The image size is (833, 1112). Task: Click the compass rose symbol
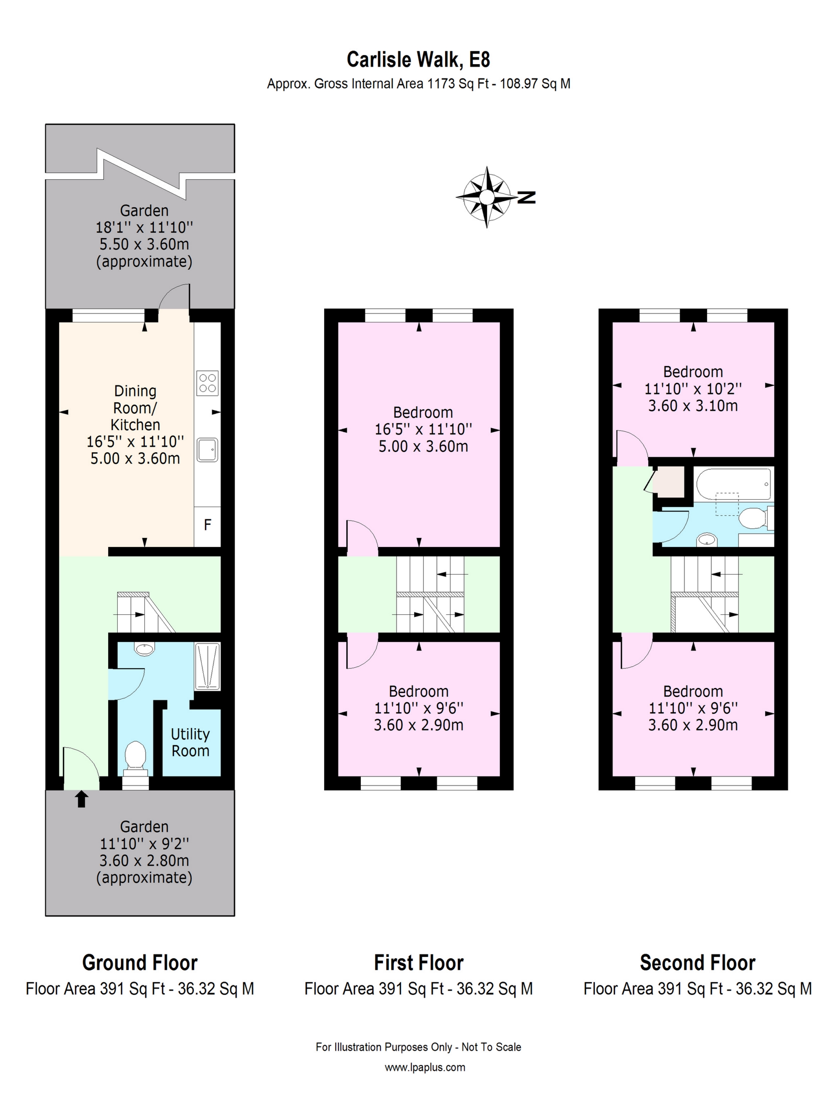click(486, 197)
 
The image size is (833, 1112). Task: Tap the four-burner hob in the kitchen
click(207, 382)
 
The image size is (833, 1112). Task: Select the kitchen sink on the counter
click(207, 450)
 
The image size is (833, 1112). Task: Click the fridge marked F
click(207, 525)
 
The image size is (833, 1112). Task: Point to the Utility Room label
click(190, 743)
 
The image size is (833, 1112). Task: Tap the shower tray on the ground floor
click(207, 666)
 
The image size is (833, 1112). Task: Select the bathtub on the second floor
click(733, 484)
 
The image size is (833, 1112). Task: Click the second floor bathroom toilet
click(754, 518)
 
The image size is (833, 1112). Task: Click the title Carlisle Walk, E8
click(418, 60)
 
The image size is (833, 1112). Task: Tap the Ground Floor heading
click(140, 963)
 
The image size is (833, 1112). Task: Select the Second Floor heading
click(697, 963)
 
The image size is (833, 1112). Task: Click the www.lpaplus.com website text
click(425, 1067)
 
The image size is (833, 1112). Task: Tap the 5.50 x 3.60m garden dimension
click(144, 244)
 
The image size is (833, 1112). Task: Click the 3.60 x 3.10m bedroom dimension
click(693, 405)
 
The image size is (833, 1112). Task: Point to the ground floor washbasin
click(145, 649)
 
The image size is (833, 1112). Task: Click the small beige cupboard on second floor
click(670, 481)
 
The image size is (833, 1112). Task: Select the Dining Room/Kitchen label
click(135, 408)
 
